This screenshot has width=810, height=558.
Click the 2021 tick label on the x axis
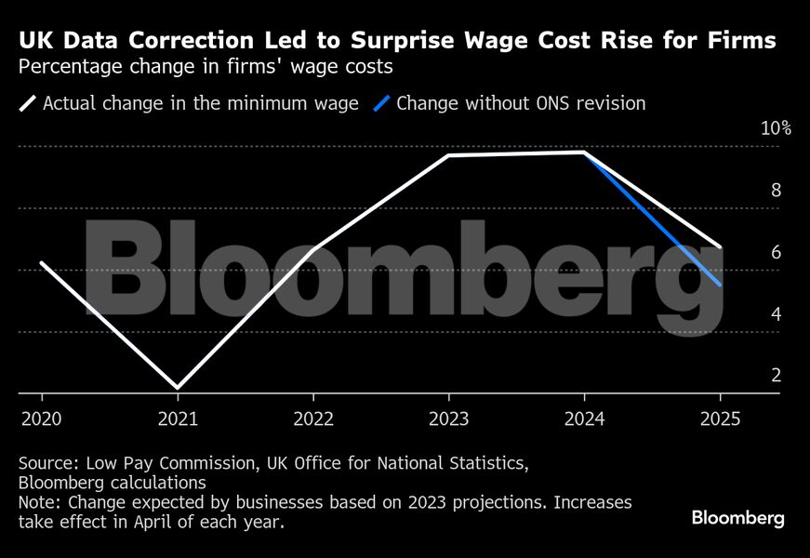(x=178, y=419)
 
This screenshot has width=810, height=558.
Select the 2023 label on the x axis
(x=448, y=419)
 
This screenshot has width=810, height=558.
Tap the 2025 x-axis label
(x=721, y=419)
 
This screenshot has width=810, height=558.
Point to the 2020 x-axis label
(x=42, y=419)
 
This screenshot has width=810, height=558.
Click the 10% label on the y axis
(x=775, y=128)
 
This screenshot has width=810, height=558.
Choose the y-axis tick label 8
(x=776, y=191)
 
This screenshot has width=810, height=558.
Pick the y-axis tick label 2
(x=776, y=376)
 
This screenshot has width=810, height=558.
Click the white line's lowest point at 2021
(x=177, y=387)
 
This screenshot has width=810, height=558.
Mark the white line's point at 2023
(x=448, y=155)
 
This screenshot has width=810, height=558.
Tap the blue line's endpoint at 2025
(x=721, y=286)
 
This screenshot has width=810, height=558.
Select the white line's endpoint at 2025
(x=721, y=247)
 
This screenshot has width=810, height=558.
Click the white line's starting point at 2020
(x=42, y=263)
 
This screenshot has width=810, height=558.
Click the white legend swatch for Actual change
(x=28, y=103)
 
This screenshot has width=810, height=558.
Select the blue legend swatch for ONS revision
(x=381, y=103)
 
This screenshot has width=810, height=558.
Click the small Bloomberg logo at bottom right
(x=737, y=517)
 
